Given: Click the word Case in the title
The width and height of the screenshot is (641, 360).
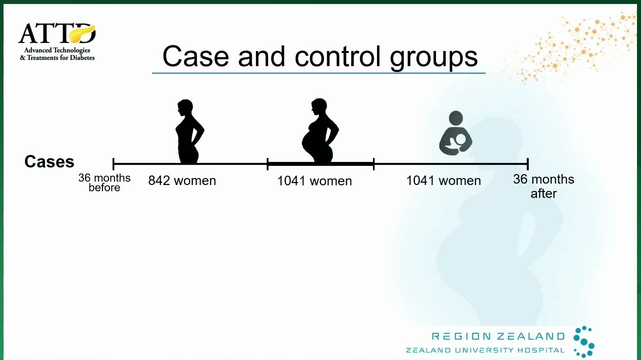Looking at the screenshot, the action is click(195, 56).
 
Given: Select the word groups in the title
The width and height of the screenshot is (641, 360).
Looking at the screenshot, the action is click(434, 58).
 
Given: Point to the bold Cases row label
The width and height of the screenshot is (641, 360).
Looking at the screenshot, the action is click(49, 161).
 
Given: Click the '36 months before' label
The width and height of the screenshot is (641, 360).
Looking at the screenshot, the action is click(104, 182).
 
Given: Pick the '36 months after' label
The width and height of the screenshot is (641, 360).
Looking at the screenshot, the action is click(543, 186).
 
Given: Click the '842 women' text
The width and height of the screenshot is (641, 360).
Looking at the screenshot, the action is click(182, 180).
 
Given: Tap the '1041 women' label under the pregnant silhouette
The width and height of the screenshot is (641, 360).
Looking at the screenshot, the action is click(314, 181).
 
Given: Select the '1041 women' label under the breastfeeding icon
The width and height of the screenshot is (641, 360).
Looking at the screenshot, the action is click(443, 180).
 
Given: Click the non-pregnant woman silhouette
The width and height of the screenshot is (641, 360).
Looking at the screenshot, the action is click(189, 131).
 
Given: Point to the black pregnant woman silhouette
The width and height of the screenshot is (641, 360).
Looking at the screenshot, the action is click(320, 131).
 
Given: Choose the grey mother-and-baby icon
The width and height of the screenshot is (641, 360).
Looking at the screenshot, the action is click(455, 133).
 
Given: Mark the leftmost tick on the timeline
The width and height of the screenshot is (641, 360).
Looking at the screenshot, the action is click(113, 164).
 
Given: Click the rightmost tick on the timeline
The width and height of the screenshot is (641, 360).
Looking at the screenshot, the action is click(527, 164).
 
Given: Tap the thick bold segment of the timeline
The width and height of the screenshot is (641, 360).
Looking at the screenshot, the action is click(320, 164).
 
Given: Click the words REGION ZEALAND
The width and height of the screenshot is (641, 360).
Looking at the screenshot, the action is click(498, 336).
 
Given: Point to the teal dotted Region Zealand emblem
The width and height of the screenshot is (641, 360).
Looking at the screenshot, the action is click(584, 341).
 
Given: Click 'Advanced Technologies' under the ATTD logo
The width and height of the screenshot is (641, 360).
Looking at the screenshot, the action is click(57, 50).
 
